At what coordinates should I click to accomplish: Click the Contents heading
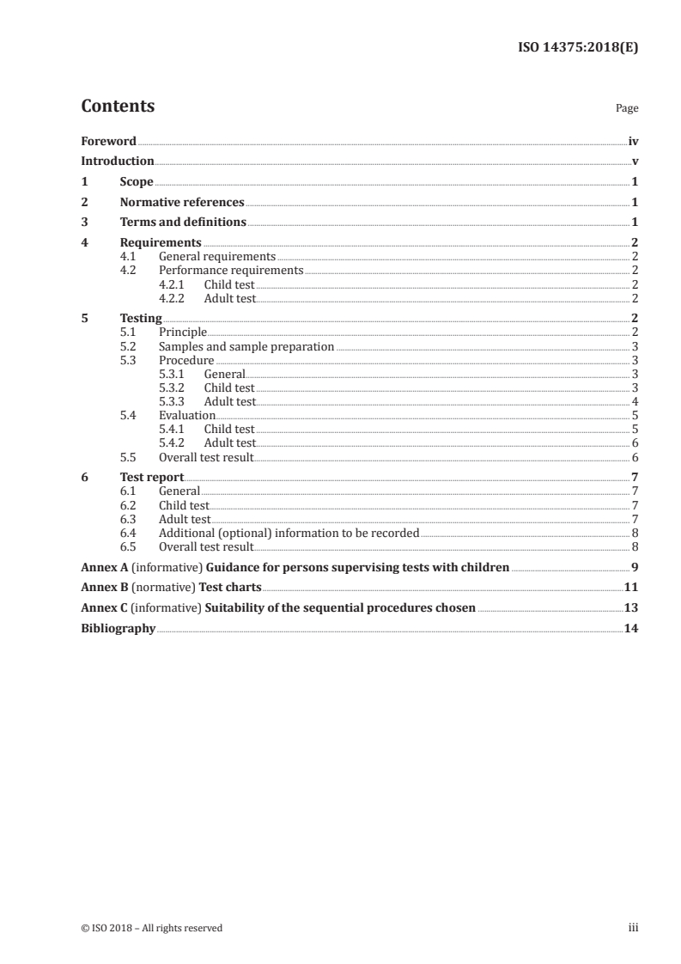[x=118, y=107]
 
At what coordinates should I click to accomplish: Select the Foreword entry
[x=108, y=141]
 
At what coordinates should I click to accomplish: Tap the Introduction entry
[x=118, y=161]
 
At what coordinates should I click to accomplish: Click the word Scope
[x=137, y=181]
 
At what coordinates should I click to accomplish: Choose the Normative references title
[x=182, y=202]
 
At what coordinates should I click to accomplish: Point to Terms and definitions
[x=183, y=223]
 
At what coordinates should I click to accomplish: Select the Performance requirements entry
[x=231, y=270]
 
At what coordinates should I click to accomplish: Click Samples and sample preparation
[x=246, y=346]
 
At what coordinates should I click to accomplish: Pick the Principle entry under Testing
[x=183, y=332]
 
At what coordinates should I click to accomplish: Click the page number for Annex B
[x=631, y=588]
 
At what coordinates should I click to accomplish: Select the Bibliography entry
[x=118, y=628]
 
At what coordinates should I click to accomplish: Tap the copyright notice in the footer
[x=151, y=927]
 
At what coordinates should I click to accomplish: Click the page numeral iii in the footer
[x=634, y=927]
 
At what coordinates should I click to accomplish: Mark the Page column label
[x=627, y=108]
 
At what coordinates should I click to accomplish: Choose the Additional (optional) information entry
[x=289, y=533]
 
